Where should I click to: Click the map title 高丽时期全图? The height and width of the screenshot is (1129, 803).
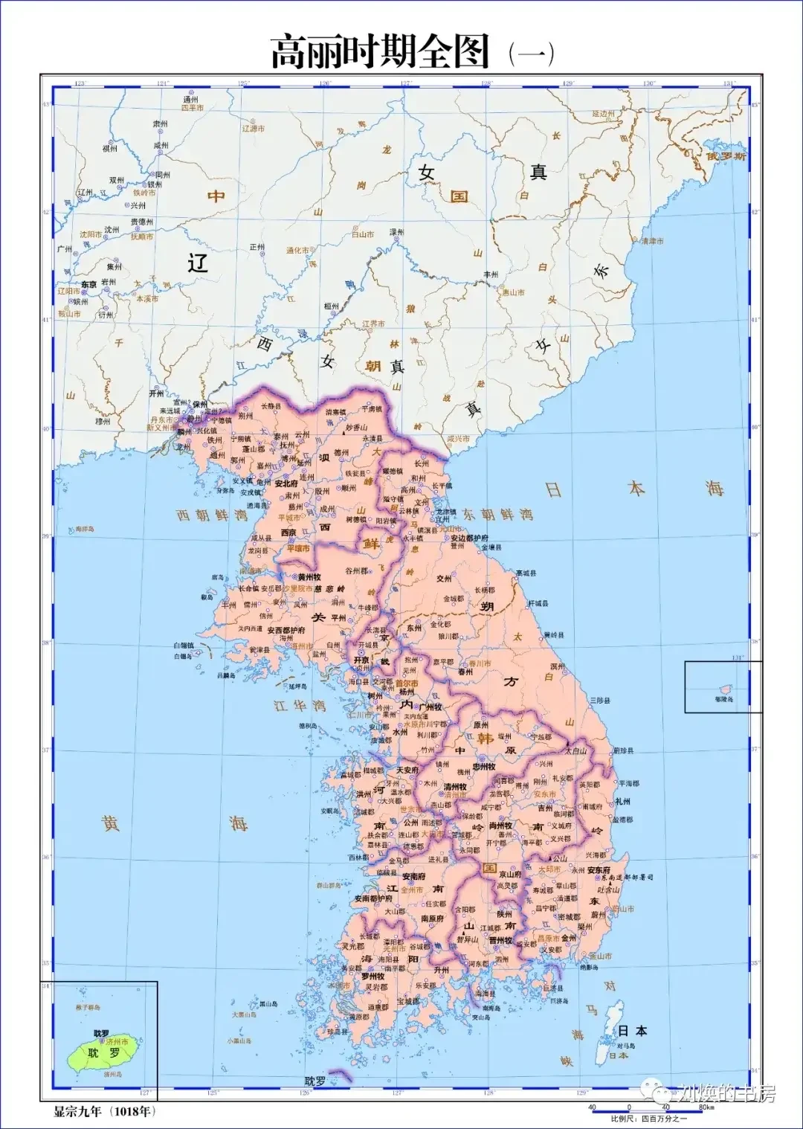click(380, 52)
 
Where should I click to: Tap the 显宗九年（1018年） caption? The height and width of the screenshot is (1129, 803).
click(105, 1112)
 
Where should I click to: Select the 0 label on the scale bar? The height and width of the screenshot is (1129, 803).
click(629, 1107)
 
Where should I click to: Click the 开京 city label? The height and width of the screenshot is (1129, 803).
click(361, 660)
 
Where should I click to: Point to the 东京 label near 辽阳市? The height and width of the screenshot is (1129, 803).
click(88, 284)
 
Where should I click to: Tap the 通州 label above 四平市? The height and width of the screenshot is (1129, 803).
click(191, 99)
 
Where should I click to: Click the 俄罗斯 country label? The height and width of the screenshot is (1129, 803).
click(726, 156)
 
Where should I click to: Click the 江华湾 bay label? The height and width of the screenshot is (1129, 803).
click(300, 704)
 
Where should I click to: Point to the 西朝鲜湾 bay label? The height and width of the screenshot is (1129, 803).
click(212, 515)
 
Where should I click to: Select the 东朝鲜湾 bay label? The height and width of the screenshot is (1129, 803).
click(497, 514)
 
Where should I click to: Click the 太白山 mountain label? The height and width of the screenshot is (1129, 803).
click(576, 751)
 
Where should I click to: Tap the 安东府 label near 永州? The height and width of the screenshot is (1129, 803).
click(599, 869)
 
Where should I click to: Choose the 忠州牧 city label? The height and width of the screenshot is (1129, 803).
click(484, 766)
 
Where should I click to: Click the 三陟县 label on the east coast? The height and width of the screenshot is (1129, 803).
click(600, 701)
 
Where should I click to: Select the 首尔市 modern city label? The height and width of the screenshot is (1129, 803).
click(406, 683)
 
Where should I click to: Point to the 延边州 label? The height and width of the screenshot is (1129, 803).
click(604, 114)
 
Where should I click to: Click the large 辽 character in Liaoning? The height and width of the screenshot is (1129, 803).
click(197, 263)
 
